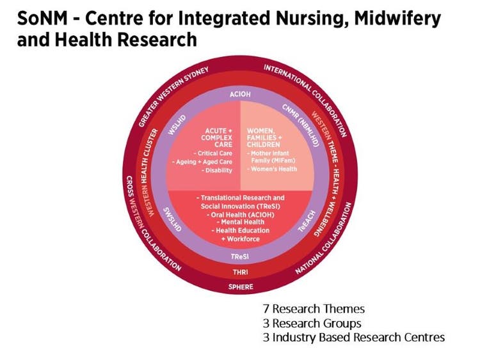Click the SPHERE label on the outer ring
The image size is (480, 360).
pos(240,286)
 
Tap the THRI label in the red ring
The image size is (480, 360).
pos(240,271)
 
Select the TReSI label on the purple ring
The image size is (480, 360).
pos(240,256)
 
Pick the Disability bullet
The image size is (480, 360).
pos(216,171)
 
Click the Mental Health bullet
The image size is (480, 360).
pos(240,222)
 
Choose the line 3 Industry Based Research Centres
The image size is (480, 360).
pos(349,337)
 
